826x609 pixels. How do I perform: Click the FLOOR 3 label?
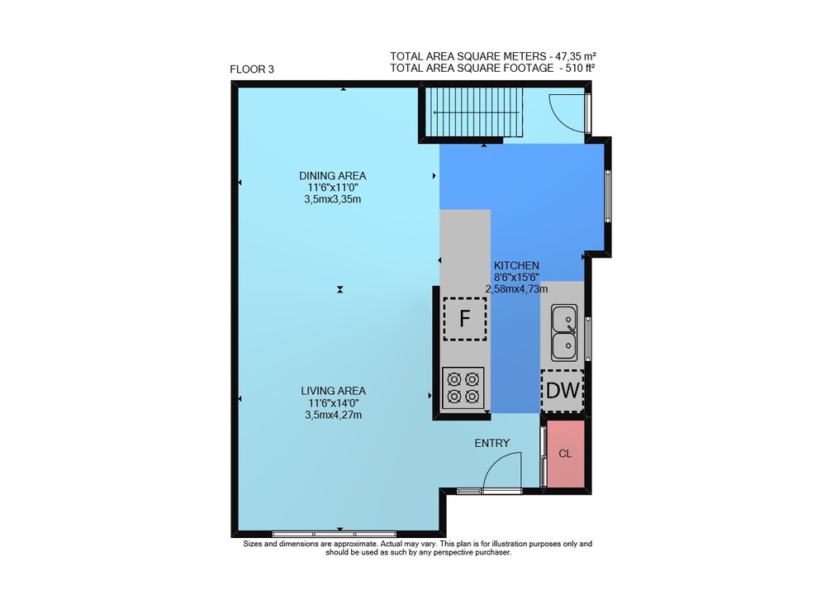coord(252,69)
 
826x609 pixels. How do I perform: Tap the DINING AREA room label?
coord(332,176)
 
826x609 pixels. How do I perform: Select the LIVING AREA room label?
coord(333,391)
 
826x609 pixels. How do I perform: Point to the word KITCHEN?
coord(516,265)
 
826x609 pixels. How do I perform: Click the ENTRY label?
coord(492,443)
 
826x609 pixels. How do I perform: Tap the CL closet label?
coord(565,454)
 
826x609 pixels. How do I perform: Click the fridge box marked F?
coord(464,319)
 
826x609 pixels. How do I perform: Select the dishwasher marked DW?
coord(563,390)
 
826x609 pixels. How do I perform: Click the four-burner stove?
coord(463,388)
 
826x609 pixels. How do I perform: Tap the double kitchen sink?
coord(564,333)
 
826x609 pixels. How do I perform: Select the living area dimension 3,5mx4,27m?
coord(333,415)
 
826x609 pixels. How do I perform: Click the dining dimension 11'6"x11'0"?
coord(332,188)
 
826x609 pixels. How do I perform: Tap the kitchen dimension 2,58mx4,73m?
coord(516,288)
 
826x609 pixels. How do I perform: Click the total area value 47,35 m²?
coord(574,56)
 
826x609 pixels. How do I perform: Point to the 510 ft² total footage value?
coord(581,68)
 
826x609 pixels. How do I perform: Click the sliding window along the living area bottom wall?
coord(335,534)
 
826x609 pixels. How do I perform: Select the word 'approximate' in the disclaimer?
coord(354,544)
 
